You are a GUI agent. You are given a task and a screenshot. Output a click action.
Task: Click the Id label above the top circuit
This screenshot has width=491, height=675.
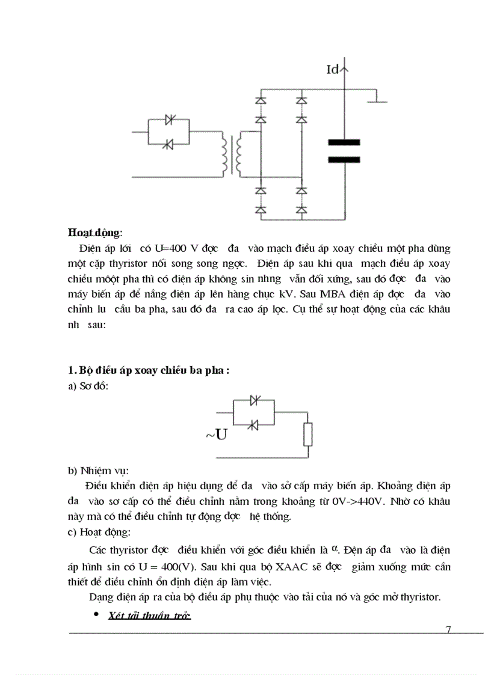tap(333, 70)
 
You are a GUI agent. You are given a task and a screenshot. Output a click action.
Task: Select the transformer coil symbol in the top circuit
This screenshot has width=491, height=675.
tap(231, 156)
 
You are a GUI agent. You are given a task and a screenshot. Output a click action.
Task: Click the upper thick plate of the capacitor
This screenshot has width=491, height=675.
tap(344, 142)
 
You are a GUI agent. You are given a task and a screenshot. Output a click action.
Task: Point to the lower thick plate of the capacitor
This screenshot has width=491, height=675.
tap(344, 160)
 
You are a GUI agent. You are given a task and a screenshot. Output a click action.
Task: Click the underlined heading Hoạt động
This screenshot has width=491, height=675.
tap(94, 232)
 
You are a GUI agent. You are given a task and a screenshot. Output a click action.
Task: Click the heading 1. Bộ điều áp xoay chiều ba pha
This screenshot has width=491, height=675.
tap(148, 370)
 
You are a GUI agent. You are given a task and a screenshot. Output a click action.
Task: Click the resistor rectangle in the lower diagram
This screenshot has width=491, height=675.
tap(309, 435)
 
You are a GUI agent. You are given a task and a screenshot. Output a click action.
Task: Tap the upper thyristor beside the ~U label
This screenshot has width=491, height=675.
tap(253, 400)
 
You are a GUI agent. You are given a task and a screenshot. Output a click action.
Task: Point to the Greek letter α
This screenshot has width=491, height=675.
tap(335, 548)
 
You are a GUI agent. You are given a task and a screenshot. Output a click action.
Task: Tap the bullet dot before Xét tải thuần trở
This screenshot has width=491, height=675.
tap(96, 615)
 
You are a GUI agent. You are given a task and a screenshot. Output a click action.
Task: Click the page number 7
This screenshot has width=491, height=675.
tap(448, 629)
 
